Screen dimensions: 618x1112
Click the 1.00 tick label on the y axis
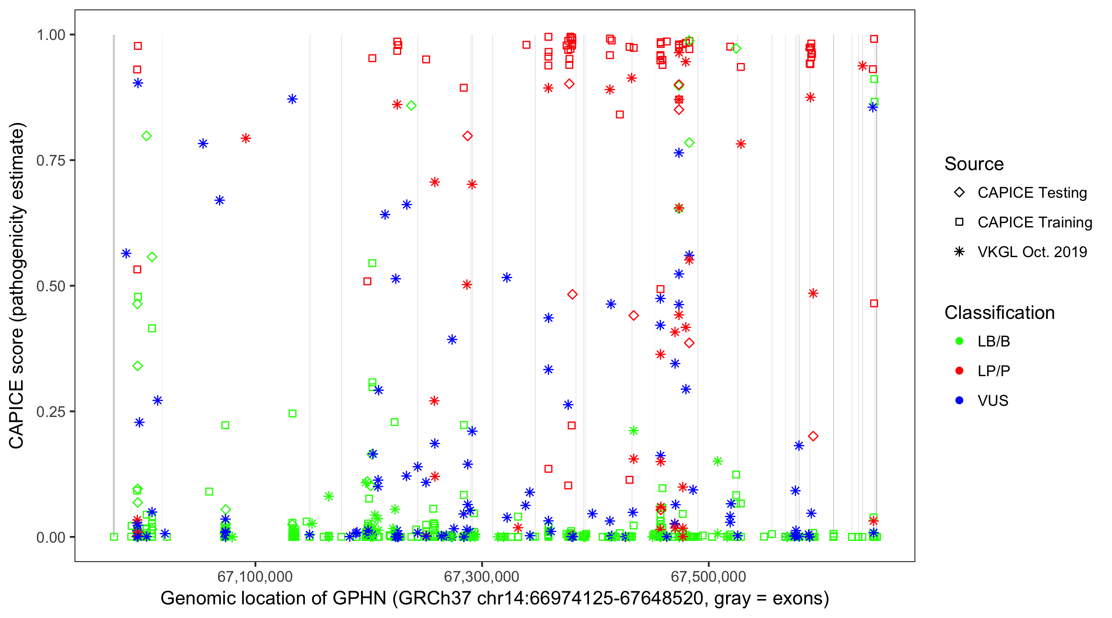(51, 35)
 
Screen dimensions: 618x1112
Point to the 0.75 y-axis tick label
(51, 161)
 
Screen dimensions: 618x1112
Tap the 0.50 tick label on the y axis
(51, 286)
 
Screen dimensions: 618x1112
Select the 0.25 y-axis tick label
(51, 412)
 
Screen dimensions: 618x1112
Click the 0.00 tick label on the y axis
(51, 537)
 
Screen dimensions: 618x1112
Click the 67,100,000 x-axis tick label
(255, 576)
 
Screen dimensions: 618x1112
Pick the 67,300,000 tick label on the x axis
(481, 576)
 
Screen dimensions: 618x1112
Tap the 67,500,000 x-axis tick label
(708, 576)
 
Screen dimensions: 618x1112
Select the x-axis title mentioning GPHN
(494, 599)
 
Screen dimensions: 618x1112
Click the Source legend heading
(974, 164)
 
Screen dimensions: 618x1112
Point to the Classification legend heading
(999, 313)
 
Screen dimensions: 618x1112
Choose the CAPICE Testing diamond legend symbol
(959, 193)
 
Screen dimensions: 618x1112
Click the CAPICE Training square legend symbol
(959, 222)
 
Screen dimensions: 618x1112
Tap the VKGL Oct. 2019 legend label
(1032, 252)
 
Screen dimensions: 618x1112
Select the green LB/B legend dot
(959, 342)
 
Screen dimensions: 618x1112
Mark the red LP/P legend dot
(959, 371)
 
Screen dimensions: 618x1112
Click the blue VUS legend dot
(959, 401)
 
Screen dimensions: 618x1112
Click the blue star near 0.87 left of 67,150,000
(292, 99)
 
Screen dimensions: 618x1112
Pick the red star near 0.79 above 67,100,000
(245, 138)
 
